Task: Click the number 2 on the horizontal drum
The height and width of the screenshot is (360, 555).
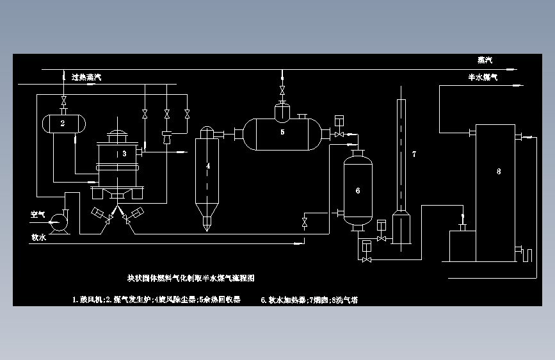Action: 63,123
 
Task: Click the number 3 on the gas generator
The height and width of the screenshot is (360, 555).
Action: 125,154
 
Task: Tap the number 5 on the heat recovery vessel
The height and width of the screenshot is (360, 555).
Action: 282,131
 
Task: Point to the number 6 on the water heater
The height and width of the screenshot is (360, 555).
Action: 357,190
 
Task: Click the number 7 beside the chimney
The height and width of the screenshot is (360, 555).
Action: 414,154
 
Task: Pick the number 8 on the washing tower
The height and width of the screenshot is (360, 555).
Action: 499,171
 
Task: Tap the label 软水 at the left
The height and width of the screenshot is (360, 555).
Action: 38,236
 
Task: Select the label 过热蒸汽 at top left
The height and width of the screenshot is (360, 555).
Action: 86,78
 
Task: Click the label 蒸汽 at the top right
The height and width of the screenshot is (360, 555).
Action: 485,60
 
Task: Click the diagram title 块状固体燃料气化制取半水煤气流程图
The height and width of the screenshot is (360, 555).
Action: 191,279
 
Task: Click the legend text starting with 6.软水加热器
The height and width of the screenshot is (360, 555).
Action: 309,299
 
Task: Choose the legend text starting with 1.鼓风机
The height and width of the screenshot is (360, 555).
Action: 156,299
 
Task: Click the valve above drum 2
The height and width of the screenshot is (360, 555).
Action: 63,100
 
